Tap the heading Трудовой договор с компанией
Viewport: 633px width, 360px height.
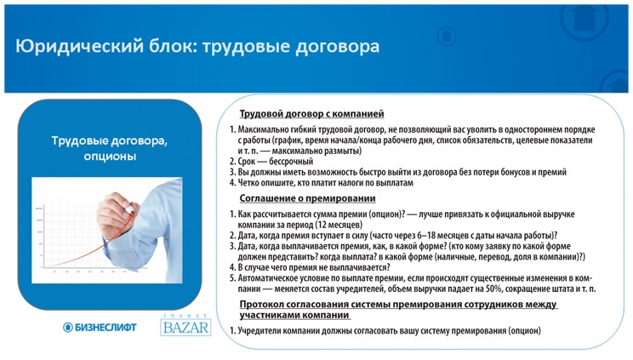coord(311,113)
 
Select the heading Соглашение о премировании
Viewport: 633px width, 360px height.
coord(307,198)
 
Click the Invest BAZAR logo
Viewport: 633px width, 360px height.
coord(184,325)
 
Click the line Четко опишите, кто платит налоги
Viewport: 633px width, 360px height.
coord(323,182)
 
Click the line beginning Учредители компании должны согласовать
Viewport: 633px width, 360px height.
coord(387,331)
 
